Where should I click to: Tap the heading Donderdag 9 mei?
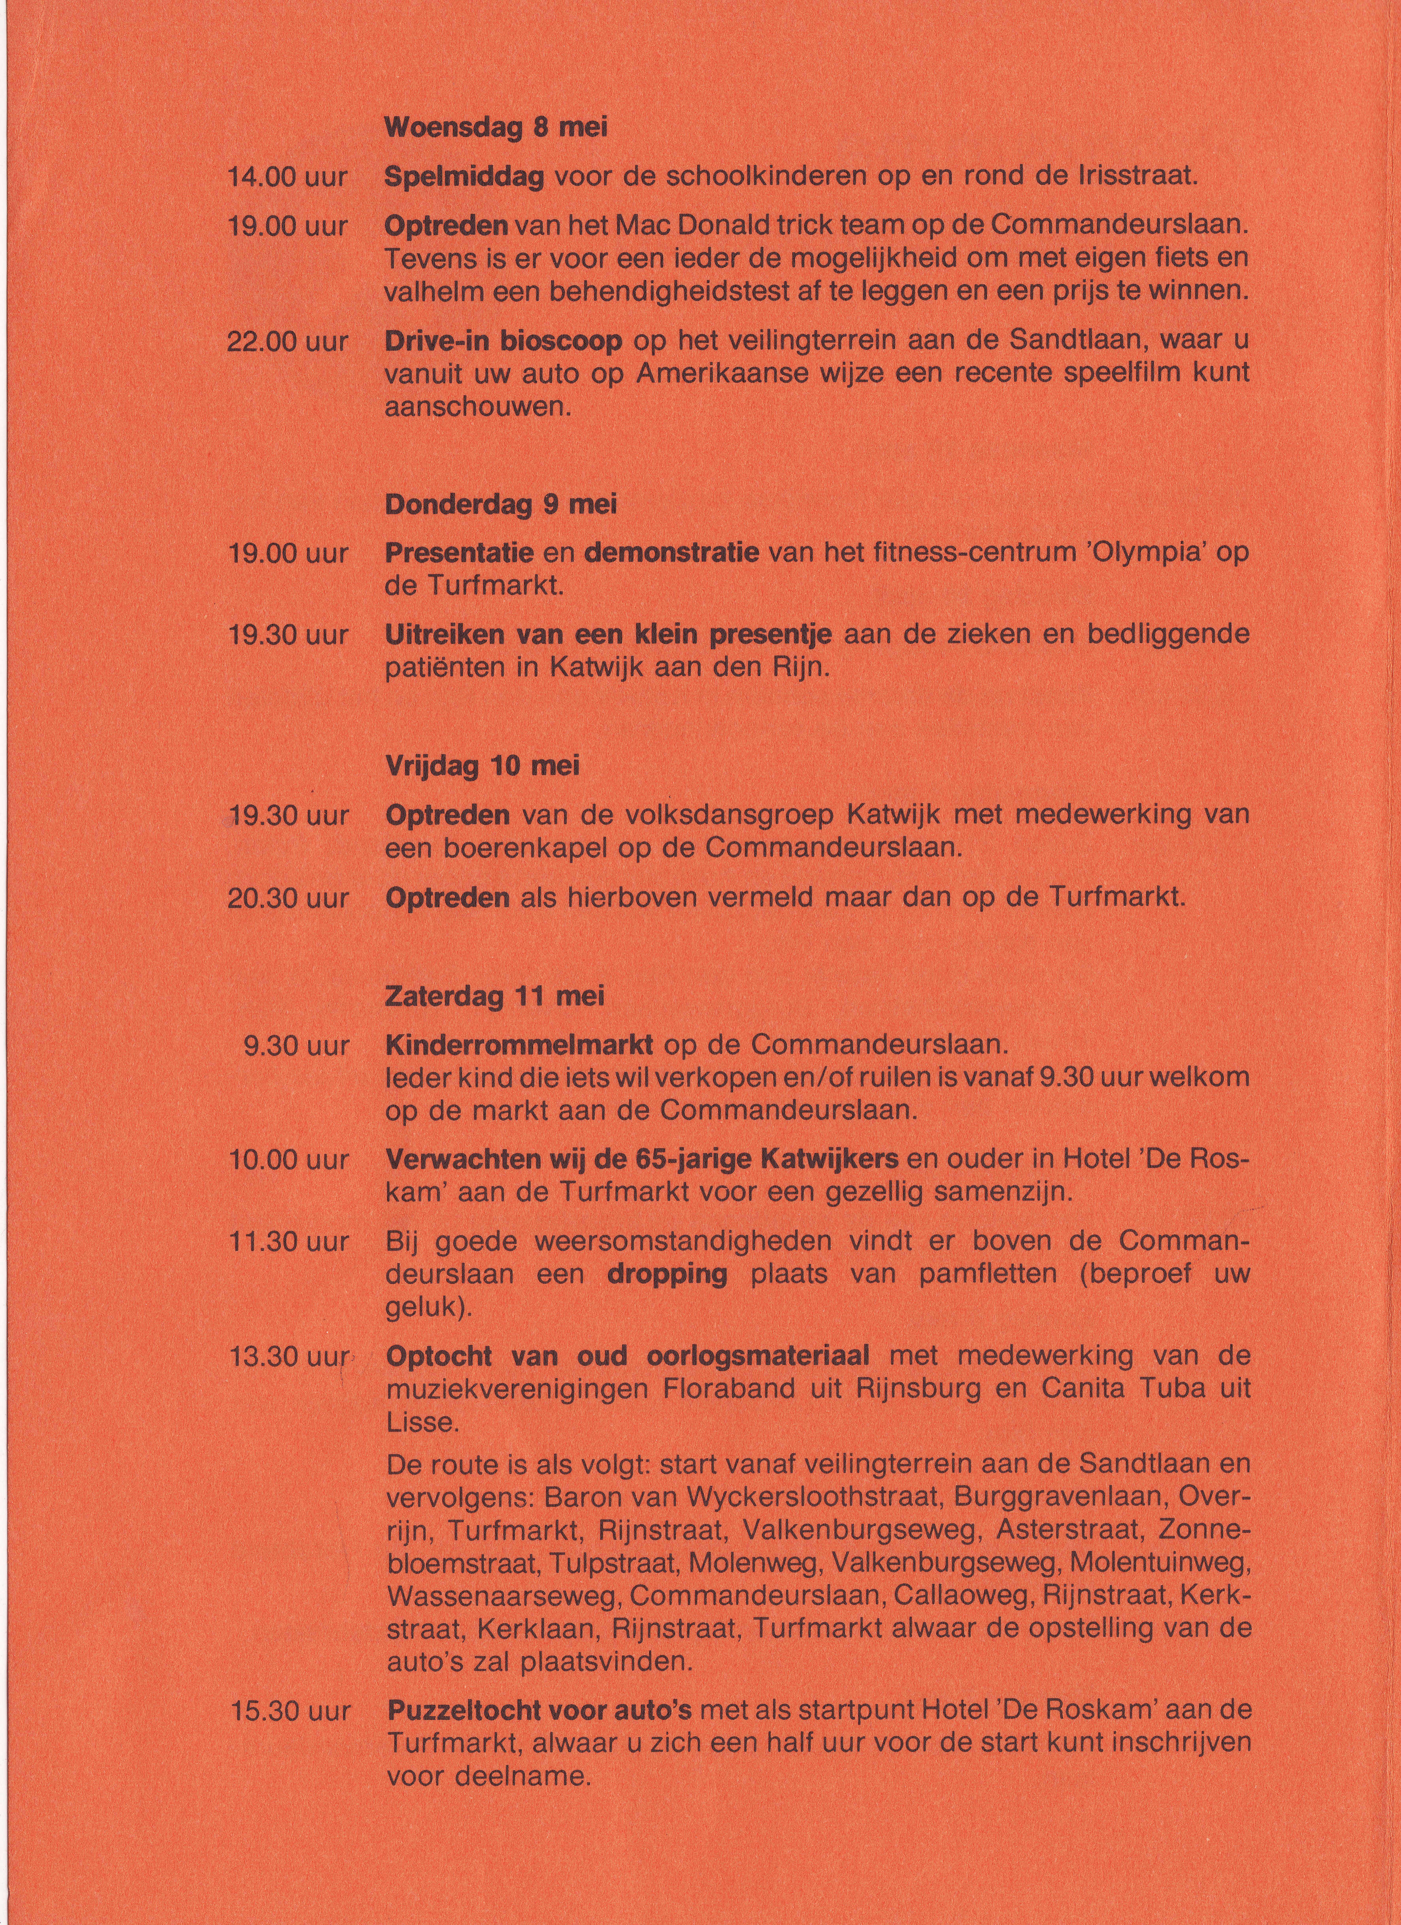click(501, 504)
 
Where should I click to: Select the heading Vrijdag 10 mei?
click(482, 767)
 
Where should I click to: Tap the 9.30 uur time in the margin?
click(296, 1046)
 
